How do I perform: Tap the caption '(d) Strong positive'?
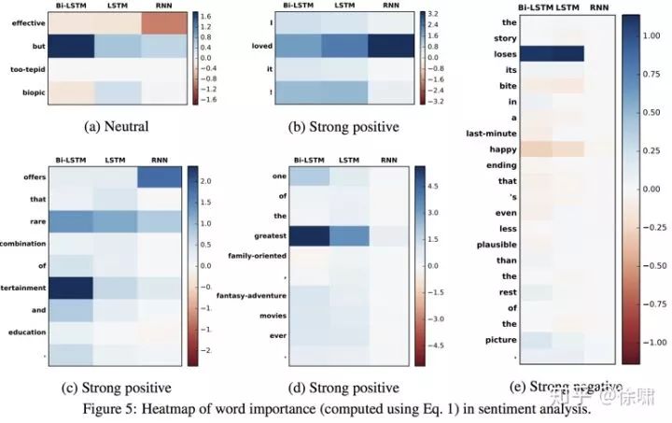coord(346,386)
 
